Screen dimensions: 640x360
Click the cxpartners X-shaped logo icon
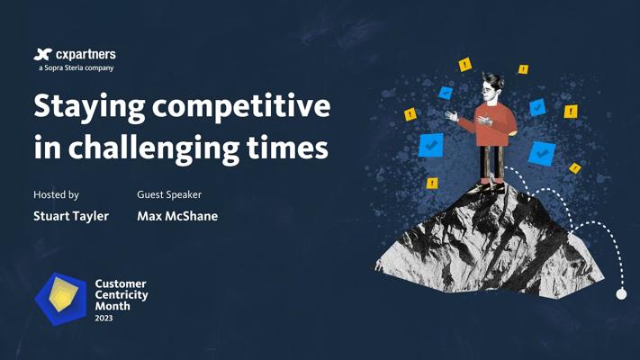(x=43, y=54)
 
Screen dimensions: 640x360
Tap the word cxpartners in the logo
(x=86, y=55)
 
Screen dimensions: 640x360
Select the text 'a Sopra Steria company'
(x=77, y=67)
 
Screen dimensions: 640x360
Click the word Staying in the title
(x=89, y=107)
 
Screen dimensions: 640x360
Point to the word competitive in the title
(x=241, y=107)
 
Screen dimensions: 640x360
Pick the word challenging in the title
(x=153, y=148)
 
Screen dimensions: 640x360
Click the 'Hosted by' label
(x=56, y=195)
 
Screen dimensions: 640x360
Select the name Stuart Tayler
(x=71, y=216)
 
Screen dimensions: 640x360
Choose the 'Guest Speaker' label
(x=169, y=194)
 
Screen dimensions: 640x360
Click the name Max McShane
(x=177, y=216)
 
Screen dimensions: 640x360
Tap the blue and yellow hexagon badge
(x=61, y=299)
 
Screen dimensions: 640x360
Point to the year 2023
(x=104, y=318)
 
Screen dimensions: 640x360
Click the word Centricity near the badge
(x=122, y=295)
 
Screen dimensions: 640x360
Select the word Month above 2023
(x=113, y=306)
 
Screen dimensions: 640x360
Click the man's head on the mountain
(x=491, y=86)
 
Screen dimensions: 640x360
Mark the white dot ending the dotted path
(x=621, y=294)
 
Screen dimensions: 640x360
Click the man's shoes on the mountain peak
(x=486, y=185)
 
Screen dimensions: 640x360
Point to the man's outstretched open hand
(x=451, y=115)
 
